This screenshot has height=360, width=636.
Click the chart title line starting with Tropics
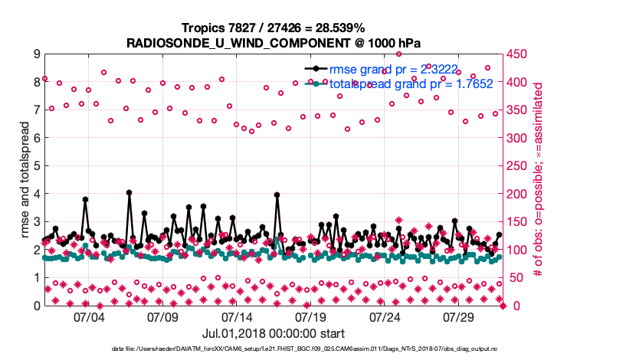[x=273, y=28]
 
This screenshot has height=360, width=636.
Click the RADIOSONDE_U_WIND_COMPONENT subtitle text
[x=273, y=42]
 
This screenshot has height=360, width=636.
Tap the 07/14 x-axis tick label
[x=237, y=316]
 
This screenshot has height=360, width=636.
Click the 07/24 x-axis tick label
[x=385, y=316]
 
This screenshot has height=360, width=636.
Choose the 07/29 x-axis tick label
[x=459, y=316]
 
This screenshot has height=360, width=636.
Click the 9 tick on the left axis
[x=36, y=54]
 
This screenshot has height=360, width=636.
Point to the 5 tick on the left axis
[x=36, y=166]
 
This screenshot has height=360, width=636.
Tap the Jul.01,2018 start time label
[x=274, y=333]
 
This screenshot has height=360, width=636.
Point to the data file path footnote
[x=317, y=349]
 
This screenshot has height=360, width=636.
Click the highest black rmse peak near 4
[x=129, y=192]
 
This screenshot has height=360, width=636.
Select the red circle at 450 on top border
[x=398, y=54]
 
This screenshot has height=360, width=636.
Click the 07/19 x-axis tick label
[x=311, y=316]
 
